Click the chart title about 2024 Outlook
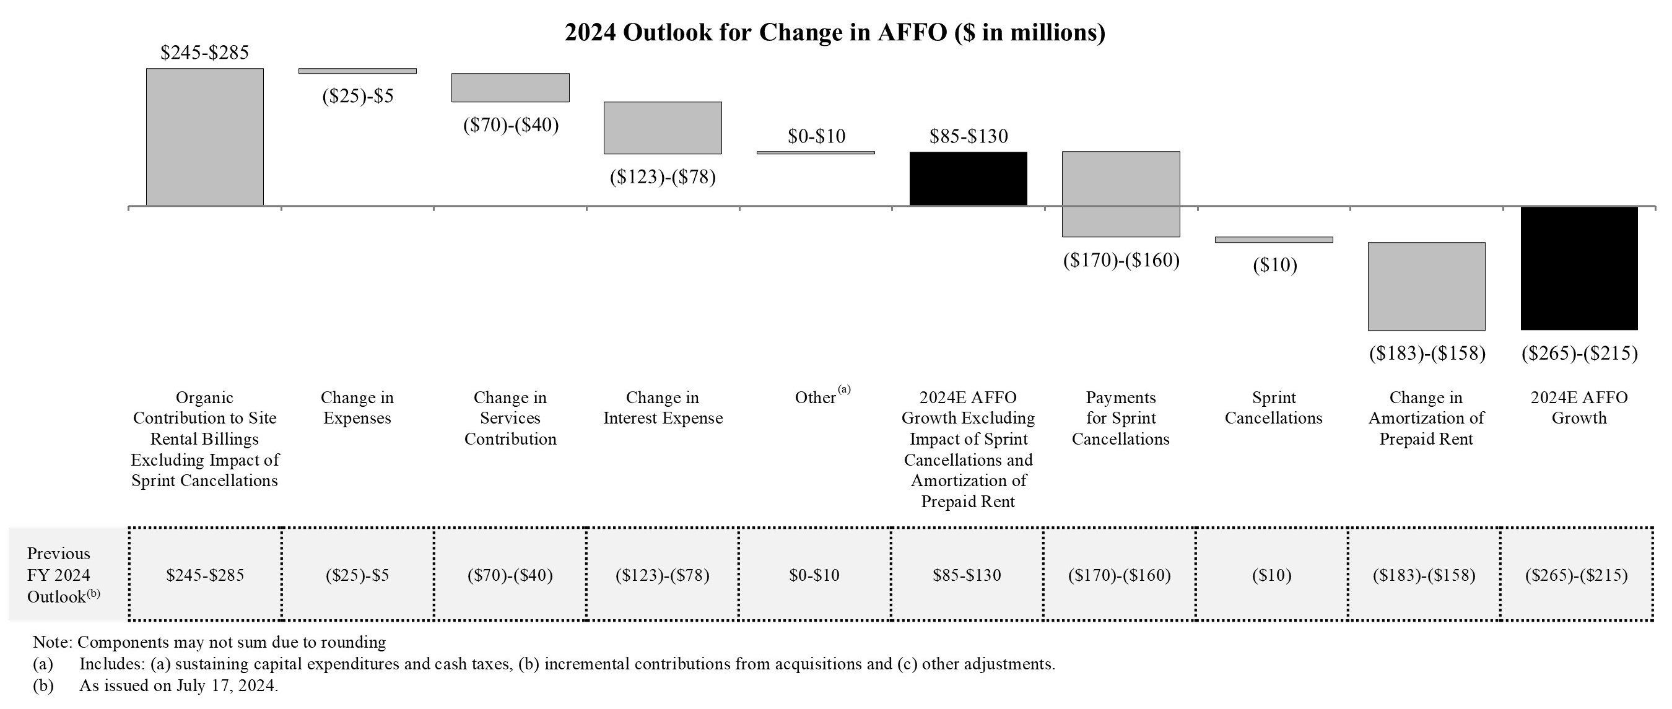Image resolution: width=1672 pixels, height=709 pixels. coord(835,32)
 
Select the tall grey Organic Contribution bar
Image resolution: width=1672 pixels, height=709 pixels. coord(204,137)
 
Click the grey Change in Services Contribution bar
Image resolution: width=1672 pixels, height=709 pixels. coord(510,88)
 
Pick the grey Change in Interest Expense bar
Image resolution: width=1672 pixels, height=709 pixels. coord(663,128)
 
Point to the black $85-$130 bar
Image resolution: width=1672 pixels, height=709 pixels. coord(968,178)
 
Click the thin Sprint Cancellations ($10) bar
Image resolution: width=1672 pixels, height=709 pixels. coord(1273,240)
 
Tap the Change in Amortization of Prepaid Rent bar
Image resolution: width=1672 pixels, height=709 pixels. coord(1426,286)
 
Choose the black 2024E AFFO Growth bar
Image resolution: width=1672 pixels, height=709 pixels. coord(1578,268)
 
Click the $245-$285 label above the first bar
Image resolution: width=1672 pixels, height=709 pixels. coord(204,53)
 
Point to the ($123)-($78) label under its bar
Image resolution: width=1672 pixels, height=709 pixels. coord(663,176)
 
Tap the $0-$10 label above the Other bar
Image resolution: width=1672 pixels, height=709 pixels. coord(816,136)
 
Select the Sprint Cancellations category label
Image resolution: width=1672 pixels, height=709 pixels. coord(1273,407)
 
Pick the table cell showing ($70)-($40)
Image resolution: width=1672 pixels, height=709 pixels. coord(510,575)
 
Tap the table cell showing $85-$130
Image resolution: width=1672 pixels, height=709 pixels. coord(967,575)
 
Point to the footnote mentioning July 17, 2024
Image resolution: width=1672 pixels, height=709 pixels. coord(178,685)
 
